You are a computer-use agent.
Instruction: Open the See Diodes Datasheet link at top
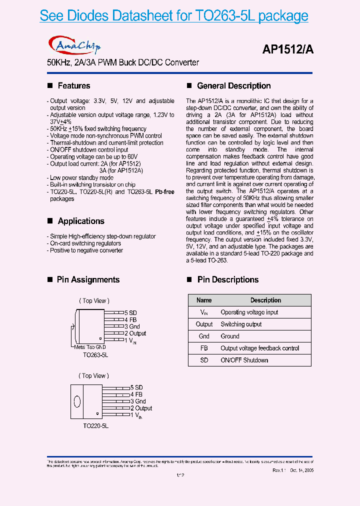(173, 16)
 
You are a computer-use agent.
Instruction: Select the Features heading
(73, 86)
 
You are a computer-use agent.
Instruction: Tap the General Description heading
(233, 86)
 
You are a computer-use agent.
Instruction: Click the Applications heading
(80, 221)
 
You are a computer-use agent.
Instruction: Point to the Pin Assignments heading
(88, 279)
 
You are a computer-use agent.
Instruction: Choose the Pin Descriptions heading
(227, 279)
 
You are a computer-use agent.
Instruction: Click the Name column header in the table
(204, 300)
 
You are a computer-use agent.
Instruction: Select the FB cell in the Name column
(204, 348)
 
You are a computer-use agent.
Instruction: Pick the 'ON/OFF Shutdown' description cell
(244, 360)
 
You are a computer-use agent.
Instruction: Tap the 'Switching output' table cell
(241, 324)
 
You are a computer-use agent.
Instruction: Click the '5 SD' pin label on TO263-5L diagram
(131, 313)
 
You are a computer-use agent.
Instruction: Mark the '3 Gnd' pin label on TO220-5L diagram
(138, 401)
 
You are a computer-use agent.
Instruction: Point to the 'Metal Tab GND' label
(90, 347)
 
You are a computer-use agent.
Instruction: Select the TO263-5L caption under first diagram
(95, 354)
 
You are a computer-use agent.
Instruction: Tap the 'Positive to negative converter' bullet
(86, 250)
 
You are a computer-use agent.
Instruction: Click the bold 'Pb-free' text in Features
(164, 192)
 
